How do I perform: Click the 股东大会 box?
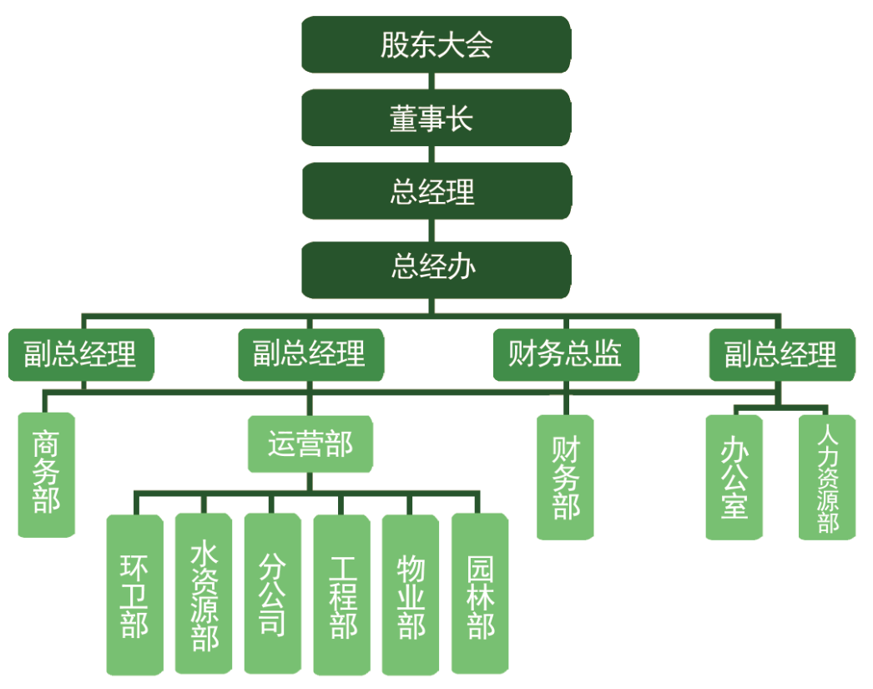[436, 44]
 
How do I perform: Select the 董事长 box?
[436, 118]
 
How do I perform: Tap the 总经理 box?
[436, 191]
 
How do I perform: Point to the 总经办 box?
[436, 268]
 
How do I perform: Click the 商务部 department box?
[47, 474]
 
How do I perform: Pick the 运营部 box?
[310, 445]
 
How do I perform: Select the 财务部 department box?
[565, 477]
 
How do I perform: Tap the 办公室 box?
[734, 477]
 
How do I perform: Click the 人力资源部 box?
[826, 477]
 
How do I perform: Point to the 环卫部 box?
[134, 594]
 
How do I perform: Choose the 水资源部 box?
[204, 594]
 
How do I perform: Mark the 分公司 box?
[272, 594]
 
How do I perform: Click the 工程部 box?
[341, 594]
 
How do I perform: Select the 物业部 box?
[411, 594]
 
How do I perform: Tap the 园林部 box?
[480, 594]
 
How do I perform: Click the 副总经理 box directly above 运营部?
[310, 355]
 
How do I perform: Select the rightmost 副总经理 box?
[781, 355]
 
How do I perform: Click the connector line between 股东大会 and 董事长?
[431, 81]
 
